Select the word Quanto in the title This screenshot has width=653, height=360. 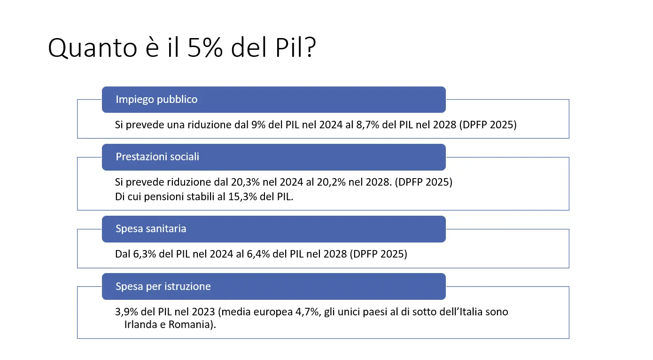coord(89,48)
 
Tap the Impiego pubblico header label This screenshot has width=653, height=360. coord(156,100)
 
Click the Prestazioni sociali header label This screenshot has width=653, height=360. coord(157,157)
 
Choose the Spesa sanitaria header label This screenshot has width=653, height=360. coord(151,229)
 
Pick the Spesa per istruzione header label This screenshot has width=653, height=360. coord(163,286)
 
